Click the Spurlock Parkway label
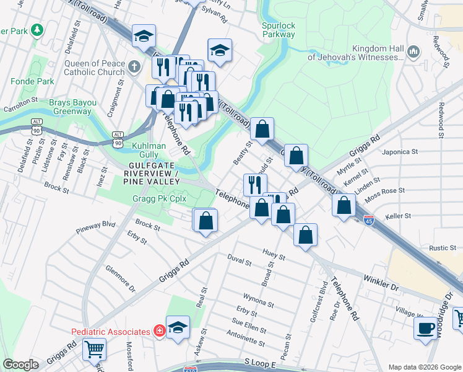click(x=278, y=30)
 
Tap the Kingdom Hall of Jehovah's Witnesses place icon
click(x=414, y=49)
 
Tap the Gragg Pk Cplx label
click(x=160, y=200)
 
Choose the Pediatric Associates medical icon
click(x=159, y=332)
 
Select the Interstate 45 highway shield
click(x=369, y=221)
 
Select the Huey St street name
click(x=273, y=254)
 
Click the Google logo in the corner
click(x=20, y=365)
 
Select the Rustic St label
click(x=442, y=248)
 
